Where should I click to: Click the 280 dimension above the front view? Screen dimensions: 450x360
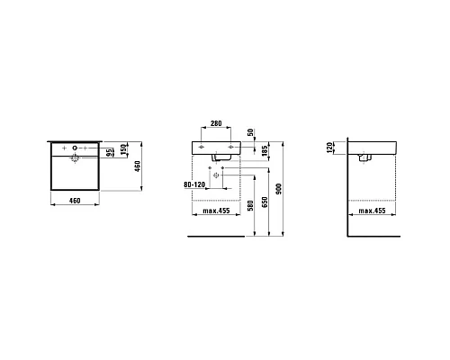point(216,123)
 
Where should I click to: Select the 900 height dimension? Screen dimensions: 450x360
point(279,189)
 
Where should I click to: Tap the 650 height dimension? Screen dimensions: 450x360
point(265,202)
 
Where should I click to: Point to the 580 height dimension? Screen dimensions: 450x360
point(250,205)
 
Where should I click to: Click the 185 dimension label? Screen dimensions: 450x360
point(265,151)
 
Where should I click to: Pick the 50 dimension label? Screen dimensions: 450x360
point(250,132)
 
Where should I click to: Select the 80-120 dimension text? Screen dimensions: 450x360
point(194,184)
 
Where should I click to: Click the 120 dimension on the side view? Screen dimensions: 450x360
point(329,148)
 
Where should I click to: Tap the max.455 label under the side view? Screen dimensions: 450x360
point(372,211)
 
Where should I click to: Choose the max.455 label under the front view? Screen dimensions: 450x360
point(216,211)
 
